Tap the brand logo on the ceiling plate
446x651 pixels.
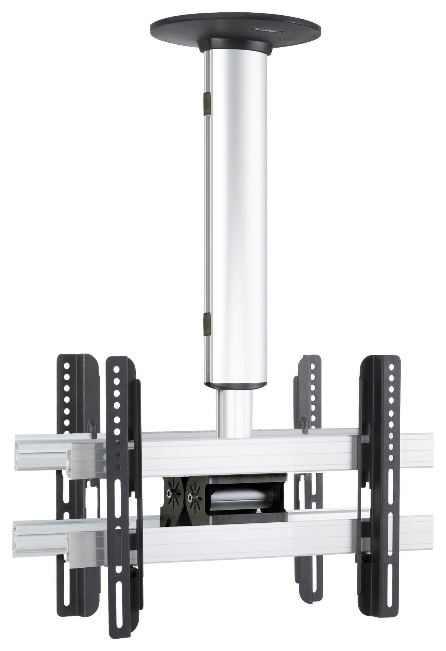coord(266,28)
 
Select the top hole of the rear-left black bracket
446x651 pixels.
coord(67,366)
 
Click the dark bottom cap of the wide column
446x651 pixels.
coord(235,386)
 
